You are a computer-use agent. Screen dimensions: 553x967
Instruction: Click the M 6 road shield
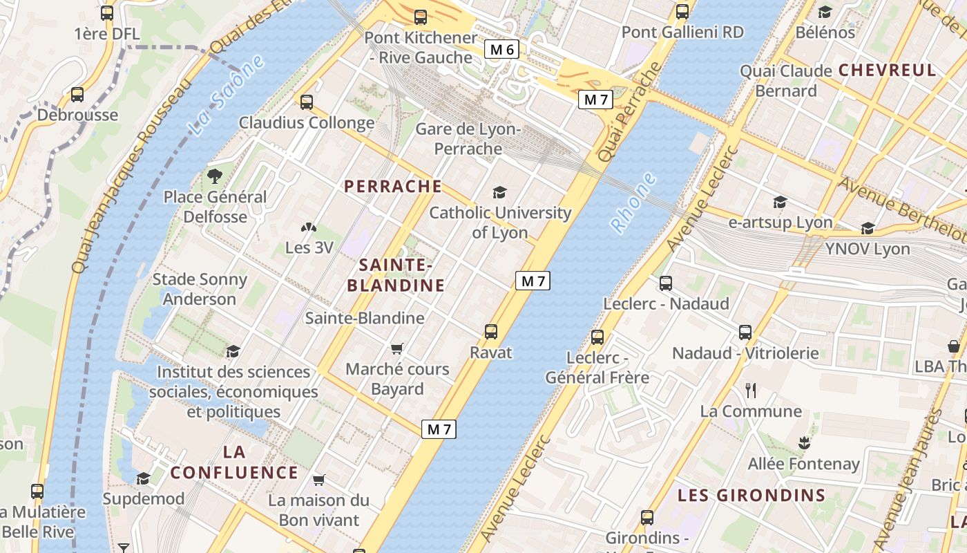(x=501, y=49)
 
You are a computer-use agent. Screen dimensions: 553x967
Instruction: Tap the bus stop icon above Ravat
(x=490, y=332)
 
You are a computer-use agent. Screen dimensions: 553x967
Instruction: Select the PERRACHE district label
(x=393, y=186)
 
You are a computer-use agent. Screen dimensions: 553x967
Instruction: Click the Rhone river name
(x=633, y=203)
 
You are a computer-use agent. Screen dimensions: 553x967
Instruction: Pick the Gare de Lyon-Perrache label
(x=468, y=139)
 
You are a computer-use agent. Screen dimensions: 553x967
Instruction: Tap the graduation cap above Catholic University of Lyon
(x=499, y=193)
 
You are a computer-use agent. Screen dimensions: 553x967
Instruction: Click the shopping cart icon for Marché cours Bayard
(x=396, y=348)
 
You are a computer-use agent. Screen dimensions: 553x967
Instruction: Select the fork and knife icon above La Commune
(x=751, y=391)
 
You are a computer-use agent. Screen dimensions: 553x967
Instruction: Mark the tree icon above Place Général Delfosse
(x=215, y=176)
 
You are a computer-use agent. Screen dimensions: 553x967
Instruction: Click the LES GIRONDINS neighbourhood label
(x=751, y=495)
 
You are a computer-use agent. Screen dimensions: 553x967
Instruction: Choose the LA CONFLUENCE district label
(x=234, y=462)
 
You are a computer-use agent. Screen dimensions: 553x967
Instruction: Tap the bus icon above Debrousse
(x=77, y=95)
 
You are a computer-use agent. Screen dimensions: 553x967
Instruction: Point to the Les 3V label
(x=309, y=247)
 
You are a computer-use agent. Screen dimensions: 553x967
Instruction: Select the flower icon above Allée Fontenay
(x=803, y=442)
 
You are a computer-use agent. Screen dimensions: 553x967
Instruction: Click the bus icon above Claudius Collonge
(x=307, y=102)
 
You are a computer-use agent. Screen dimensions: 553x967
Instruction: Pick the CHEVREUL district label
(x=887, y=70)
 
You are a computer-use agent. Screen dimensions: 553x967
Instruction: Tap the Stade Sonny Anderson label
(x=200, y=289)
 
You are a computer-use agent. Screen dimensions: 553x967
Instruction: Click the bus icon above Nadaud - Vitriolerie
(x=745, y=332)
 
